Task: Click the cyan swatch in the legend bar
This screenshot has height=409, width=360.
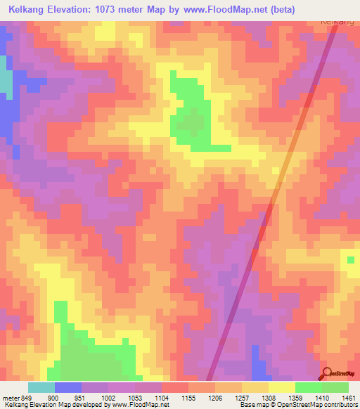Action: tap(41, 387)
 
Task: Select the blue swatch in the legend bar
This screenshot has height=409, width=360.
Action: tap(68, 387)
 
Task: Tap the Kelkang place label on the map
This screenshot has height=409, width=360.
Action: tap(337, 21)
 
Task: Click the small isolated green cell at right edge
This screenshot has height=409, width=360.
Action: tap(350, 261)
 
